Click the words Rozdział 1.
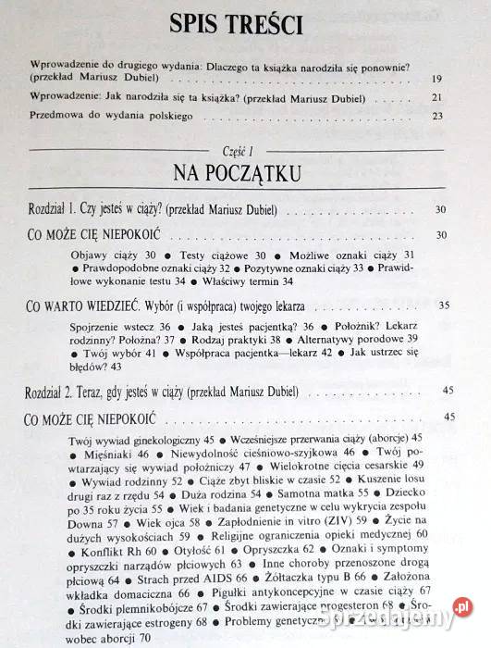[60, 209]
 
